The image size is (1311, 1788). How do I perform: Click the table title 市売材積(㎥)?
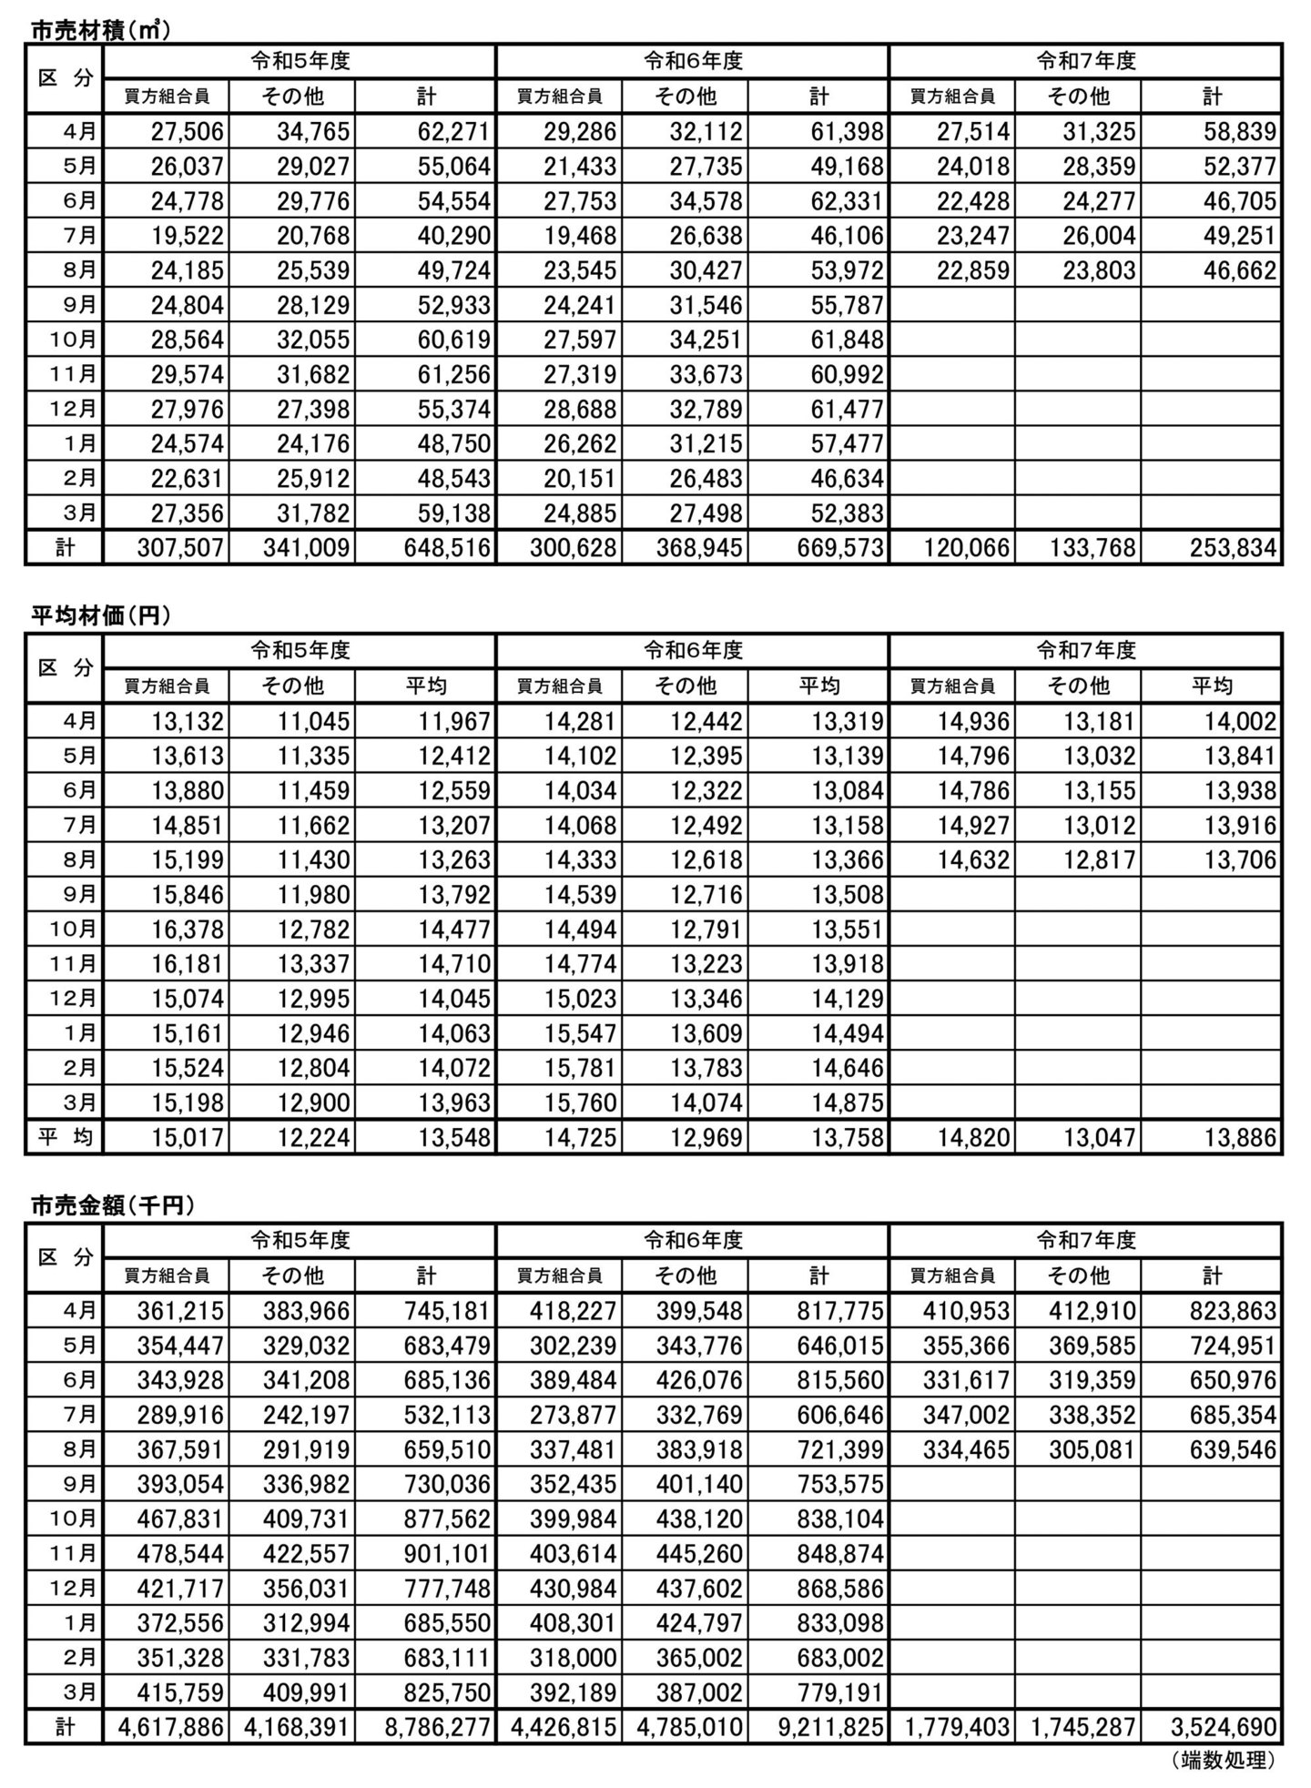click(101, 30)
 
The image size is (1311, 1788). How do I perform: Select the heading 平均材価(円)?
click(101, 617)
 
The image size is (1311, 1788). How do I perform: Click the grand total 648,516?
click(442, 548)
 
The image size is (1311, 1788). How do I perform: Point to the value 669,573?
click(835, 548)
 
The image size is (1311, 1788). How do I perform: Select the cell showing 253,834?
click(1228, 548)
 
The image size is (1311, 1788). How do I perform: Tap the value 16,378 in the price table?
click(188, 930)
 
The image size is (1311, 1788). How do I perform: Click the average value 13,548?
click(453, 1137)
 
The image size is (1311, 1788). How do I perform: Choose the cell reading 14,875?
click(847, 1102)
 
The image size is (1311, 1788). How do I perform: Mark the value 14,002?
click(1240, 722)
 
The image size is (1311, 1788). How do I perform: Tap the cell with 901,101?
click(442, 1554)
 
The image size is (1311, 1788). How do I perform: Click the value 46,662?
click(1240, 270)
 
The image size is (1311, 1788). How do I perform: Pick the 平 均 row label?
click(65, 1137)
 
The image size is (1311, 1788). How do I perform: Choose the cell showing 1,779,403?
click(957, 1727)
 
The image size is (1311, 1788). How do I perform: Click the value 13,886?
click(1240, 1137)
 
